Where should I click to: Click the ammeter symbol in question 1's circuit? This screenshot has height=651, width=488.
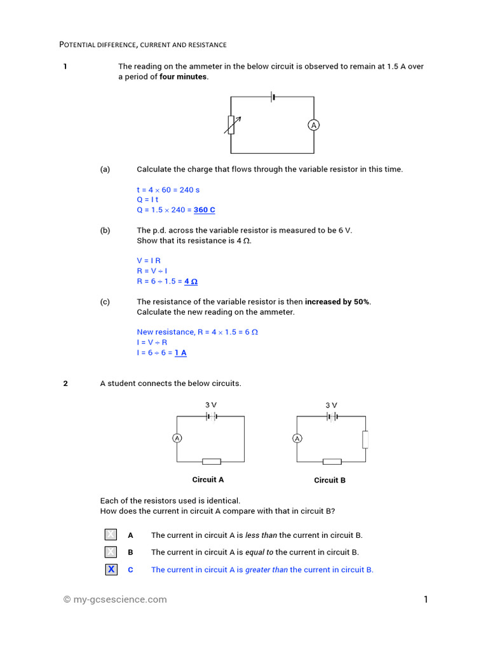coord(313,126)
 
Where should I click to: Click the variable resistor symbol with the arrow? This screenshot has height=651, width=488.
coord(231,125)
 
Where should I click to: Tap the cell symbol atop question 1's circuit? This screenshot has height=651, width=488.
coord(273,97)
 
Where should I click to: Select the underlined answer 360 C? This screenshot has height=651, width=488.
coord(204,210)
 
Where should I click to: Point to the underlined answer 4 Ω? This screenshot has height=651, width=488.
coord(191,281)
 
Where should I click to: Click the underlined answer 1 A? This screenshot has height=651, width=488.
coord(180,352)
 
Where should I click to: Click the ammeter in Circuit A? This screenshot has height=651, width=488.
coord(177,438)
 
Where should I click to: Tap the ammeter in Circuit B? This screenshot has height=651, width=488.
coord(297,438)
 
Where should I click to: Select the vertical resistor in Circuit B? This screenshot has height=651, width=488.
coord(365,439)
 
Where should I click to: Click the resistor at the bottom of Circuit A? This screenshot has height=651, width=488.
coord(212,462)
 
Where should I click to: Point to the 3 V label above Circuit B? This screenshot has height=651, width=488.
coord(331,405)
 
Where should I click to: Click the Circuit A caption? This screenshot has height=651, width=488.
coord(208,480)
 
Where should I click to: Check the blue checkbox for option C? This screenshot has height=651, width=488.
coord(111,569)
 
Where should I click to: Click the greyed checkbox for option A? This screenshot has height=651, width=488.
coord(111,535)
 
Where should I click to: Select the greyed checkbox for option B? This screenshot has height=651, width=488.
coord(111,552)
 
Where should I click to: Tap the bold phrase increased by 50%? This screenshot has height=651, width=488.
coord(337,302)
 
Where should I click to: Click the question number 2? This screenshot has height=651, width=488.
coord(65,383)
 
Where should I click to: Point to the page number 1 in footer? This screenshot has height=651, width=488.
coord(426,599)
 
